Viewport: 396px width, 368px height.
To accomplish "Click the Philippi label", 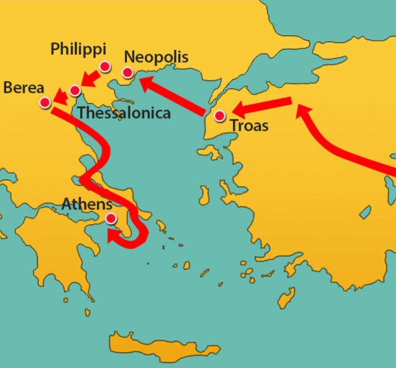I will [78, 49].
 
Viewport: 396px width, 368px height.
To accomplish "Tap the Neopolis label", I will [156, 57].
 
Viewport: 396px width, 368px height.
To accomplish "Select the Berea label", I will [23, 88].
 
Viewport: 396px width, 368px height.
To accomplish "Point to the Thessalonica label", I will [124, 113].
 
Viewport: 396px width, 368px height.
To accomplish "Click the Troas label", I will [249, 126].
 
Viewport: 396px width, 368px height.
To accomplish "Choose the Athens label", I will [87, 205].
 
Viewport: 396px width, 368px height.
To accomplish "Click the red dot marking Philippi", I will [105, 67].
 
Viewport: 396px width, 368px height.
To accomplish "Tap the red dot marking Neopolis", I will [128, 72].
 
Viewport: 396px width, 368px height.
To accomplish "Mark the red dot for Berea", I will [46, 102].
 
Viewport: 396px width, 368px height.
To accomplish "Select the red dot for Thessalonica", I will [74, 90].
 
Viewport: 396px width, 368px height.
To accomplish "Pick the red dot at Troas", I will [220, 116].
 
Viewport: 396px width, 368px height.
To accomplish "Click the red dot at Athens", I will [111, 218].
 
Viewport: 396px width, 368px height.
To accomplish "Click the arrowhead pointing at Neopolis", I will [147, 83].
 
